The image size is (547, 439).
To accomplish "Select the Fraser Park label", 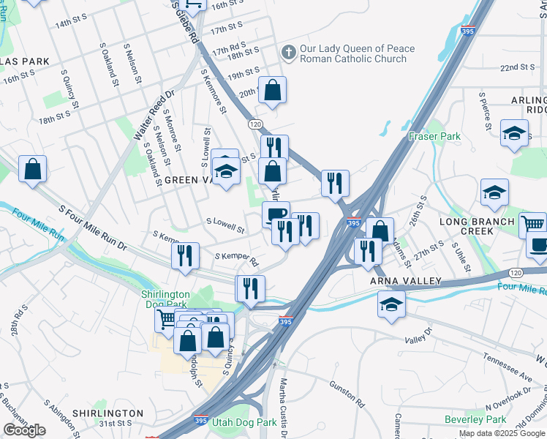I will pyautogui.click(x=434, y=136).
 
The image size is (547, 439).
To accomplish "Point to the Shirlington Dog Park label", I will pyautogui.click(x=165, y=299).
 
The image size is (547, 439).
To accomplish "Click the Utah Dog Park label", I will pyautogui.click(x=244, y=422).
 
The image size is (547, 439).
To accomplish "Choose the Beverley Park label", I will pyautogui.click(x=475, y=419).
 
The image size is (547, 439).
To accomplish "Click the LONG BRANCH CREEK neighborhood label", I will pyautogui.click(x=478, y=226).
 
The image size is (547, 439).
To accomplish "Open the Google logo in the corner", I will pyautogui.click(x=24, y=430).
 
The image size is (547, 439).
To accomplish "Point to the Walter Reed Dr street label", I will pyautogui.click(x=154, y=115).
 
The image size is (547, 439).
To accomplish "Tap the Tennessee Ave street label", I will pyautogui.click(x=506, y=368).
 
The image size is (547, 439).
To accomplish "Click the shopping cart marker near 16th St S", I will pyautogui.click(x=193, y=6).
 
